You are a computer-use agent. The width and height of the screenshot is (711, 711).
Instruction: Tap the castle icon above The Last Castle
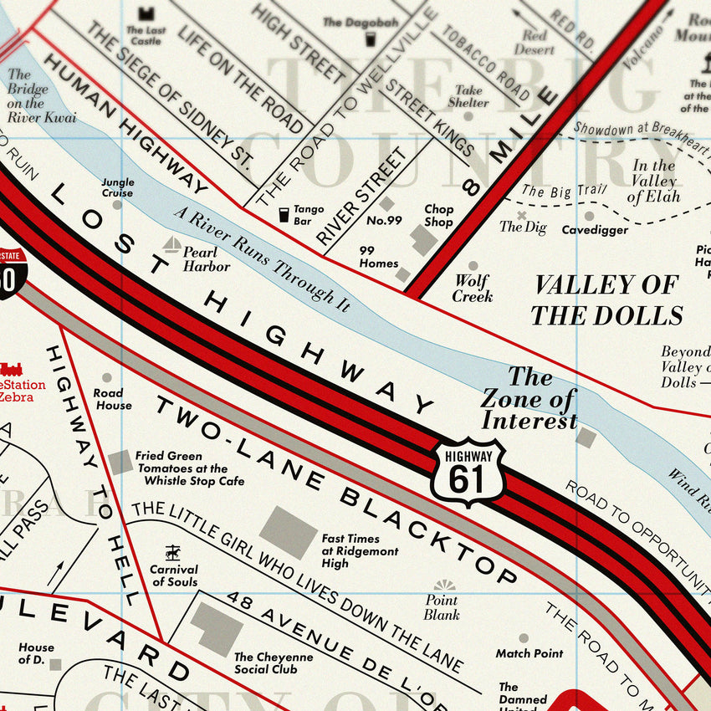[x=147, y=13]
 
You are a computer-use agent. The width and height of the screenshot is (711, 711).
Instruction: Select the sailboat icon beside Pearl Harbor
[x=171, y=244]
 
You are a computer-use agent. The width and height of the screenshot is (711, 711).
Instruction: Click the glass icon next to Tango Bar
[x=284, y=215]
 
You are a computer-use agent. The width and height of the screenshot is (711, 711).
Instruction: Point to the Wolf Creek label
[x=473, y=289]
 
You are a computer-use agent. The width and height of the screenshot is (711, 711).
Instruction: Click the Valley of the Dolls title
[x=606, y=299]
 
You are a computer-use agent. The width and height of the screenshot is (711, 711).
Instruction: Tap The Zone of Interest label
[x=529, y=399]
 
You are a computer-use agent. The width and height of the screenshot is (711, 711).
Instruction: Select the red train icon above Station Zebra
[x=11, y=369]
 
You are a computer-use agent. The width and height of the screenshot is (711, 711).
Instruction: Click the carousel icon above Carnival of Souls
[x=172, y=552]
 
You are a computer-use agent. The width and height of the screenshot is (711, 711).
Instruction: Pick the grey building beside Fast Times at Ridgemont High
[x=288, y=532]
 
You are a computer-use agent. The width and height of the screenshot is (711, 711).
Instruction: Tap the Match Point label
[x=529, y=653]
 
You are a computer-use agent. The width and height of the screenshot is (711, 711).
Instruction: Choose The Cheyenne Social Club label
[x=274, y=662]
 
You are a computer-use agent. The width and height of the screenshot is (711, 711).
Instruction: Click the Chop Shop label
[x=438, y=216]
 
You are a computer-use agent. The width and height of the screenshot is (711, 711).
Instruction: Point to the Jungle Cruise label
[x=117, y=187]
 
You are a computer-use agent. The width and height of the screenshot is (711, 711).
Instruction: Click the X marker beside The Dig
[x=522, y=215]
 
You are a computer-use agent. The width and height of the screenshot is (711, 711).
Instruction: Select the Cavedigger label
[x=595, y=230]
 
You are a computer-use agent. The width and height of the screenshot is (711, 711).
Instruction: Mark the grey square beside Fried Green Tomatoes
[x=120, y=462]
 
